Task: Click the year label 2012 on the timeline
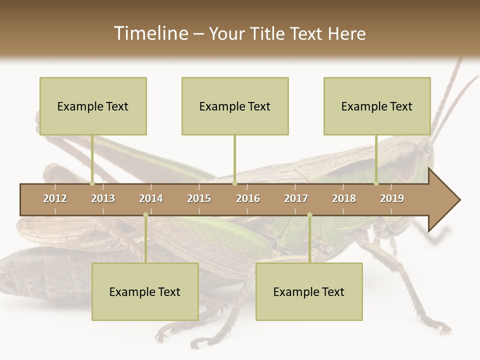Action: tap(55, 198)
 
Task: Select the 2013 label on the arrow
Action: tap(103, 198)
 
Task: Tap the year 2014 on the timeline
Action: tap(151, 198)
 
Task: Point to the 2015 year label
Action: tap(199, 198)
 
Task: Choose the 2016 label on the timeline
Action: tap(248, 198)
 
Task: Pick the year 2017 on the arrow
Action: tap(296, 198)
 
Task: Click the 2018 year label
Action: tap(344, 198)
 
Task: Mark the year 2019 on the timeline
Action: tap(392, 198)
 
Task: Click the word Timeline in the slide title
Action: tap(150, 33)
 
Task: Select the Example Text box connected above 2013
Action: tap(93, 106)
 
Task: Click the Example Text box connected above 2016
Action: tap(235, 106)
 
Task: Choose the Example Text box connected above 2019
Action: tap(377, 106)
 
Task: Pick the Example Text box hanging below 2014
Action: tap(145, 291)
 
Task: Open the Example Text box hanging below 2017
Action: tap(309, 291)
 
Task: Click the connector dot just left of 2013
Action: tap(92, 183)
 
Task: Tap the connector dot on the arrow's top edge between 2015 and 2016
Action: tap(234, 183)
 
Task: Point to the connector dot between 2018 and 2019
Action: tap(376, 183)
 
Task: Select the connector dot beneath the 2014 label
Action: tap(145, 215)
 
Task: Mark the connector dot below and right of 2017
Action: tap(309, 215)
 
